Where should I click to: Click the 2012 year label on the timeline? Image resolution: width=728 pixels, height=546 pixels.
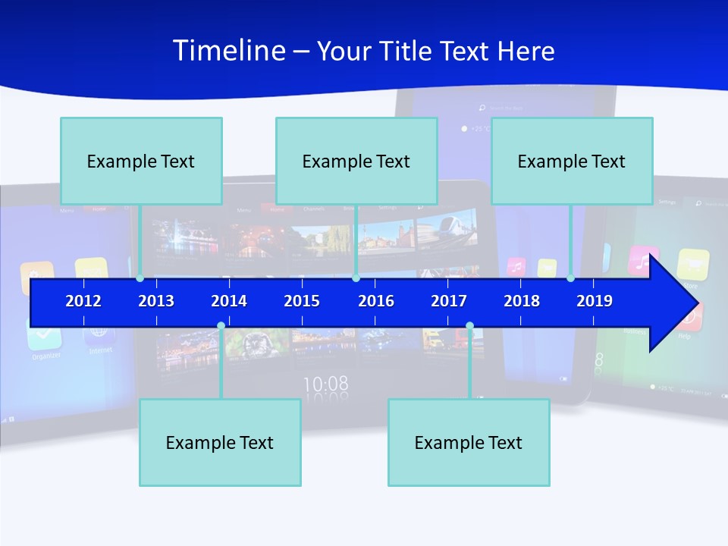(83, 301)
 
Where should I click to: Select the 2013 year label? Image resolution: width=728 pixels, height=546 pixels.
(156, 301)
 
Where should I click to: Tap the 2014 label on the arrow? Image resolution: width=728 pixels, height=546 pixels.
(229, 301)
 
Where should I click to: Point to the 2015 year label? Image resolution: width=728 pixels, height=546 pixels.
(302, 301)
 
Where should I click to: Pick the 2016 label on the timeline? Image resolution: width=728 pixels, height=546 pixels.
(376, 301)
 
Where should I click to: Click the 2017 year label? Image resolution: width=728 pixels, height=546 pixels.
(449, 301)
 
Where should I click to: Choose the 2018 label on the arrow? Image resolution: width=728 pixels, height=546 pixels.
(522, 301)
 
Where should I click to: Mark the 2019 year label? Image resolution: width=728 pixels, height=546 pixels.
(595, 301)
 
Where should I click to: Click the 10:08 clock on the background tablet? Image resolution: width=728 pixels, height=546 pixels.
(326, 384)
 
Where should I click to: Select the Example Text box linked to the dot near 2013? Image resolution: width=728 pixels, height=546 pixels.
(141, 162)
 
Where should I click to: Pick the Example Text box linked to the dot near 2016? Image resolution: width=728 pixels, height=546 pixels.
(356, 162)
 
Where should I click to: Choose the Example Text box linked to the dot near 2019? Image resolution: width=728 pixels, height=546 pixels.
(572, 162)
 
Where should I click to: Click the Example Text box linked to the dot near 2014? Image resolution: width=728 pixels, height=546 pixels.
(220, 443)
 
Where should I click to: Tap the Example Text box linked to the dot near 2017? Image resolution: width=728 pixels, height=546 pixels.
(469, 443)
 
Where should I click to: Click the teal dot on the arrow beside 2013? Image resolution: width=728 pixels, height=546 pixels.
(140, 278)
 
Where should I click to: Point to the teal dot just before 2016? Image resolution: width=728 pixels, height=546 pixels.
(356, 278)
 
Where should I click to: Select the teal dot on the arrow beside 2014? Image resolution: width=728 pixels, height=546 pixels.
(221, 326)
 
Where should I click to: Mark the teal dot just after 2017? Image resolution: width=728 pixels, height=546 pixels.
(469, 326)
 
